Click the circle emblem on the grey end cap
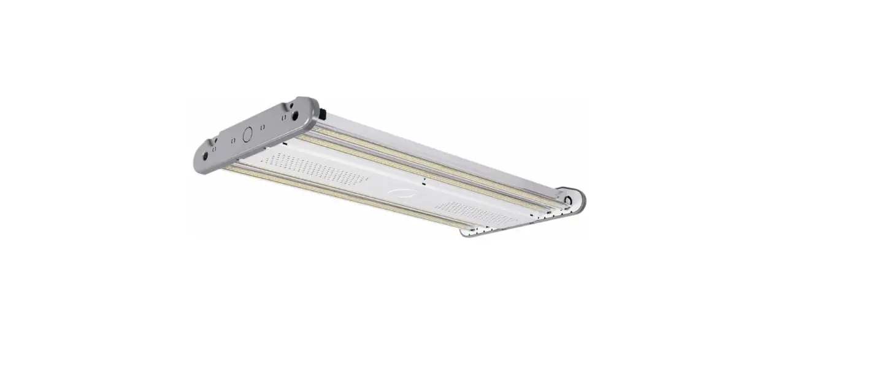pyautogui.click(x=248, y=134)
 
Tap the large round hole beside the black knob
pyautogui.click(x=295, y=115)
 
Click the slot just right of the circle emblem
pyautogui.click(x=263, y=127)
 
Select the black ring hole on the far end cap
pyautogui.click(x=569, y=200)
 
